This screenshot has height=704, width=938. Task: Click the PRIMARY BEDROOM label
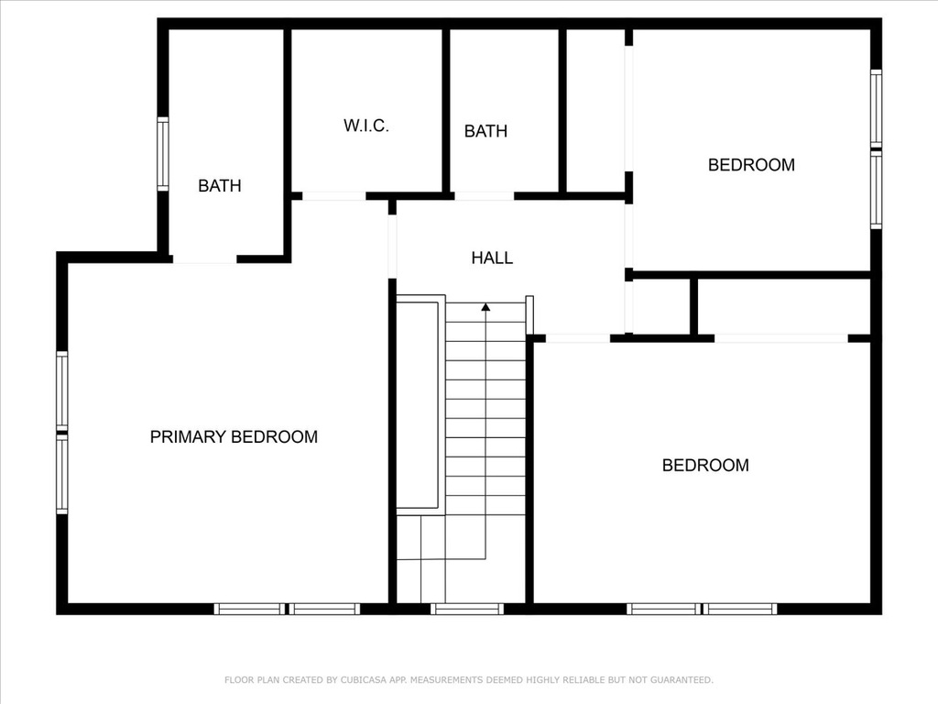[234, 437]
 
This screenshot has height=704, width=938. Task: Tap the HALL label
[492, 258]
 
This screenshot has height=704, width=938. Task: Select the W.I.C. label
[366, 126]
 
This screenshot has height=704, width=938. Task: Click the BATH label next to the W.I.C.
[485, 131]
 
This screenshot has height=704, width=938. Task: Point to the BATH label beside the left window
[220, 186]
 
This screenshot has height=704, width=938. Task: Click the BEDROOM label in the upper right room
[751, 165]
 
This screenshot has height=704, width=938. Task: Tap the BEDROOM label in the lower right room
[705, 465]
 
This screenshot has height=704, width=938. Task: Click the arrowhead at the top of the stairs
[485, 307]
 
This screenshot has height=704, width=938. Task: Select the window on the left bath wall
[163, 154]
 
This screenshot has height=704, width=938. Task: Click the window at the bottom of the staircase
[467, 609]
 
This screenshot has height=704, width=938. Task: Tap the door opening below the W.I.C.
[333, 196]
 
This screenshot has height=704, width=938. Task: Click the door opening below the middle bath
[484, 196]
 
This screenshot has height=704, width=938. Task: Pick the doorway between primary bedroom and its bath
[204, 259]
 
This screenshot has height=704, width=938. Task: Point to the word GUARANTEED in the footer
[682, 680]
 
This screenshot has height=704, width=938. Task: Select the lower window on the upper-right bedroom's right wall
[876, 189]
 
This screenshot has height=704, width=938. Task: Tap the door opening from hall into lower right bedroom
[578, 338]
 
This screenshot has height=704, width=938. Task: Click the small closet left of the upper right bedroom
[595, 111]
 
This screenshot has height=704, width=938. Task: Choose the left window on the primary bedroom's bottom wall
[250, 609]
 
